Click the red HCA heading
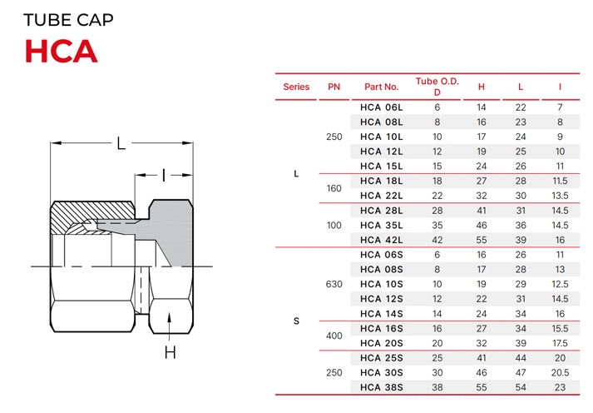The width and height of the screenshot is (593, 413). (x=61, y=52)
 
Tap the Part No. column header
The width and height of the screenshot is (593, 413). (x=381, y=87)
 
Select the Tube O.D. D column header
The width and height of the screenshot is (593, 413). (x=437, y=86)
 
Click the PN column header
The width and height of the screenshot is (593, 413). (x=334, y=87)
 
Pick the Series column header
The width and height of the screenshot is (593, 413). (x=296, y=87)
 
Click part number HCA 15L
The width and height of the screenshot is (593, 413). (x=381, y=166)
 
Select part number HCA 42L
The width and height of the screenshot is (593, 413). (x=381, y=240)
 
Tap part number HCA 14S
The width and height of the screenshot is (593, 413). (x=381, y=313)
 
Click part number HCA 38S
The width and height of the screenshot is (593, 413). (x=381, y=387)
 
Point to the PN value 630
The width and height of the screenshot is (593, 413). (x=334, y=284)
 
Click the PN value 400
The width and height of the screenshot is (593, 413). (x=334, y=336)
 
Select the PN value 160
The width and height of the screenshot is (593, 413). (x=334, y=188)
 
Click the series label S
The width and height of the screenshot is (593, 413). (x=296, y=321)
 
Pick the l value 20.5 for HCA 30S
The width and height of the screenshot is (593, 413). (x=560, y=372)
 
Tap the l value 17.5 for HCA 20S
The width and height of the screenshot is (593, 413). (x=560, y=343)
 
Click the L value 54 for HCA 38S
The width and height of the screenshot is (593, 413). (x=521, y=387)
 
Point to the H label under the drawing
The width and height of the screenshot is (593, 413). (x=170, y=353)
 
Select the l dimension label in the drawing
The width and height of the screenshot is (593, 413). (x=164, y=175)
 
